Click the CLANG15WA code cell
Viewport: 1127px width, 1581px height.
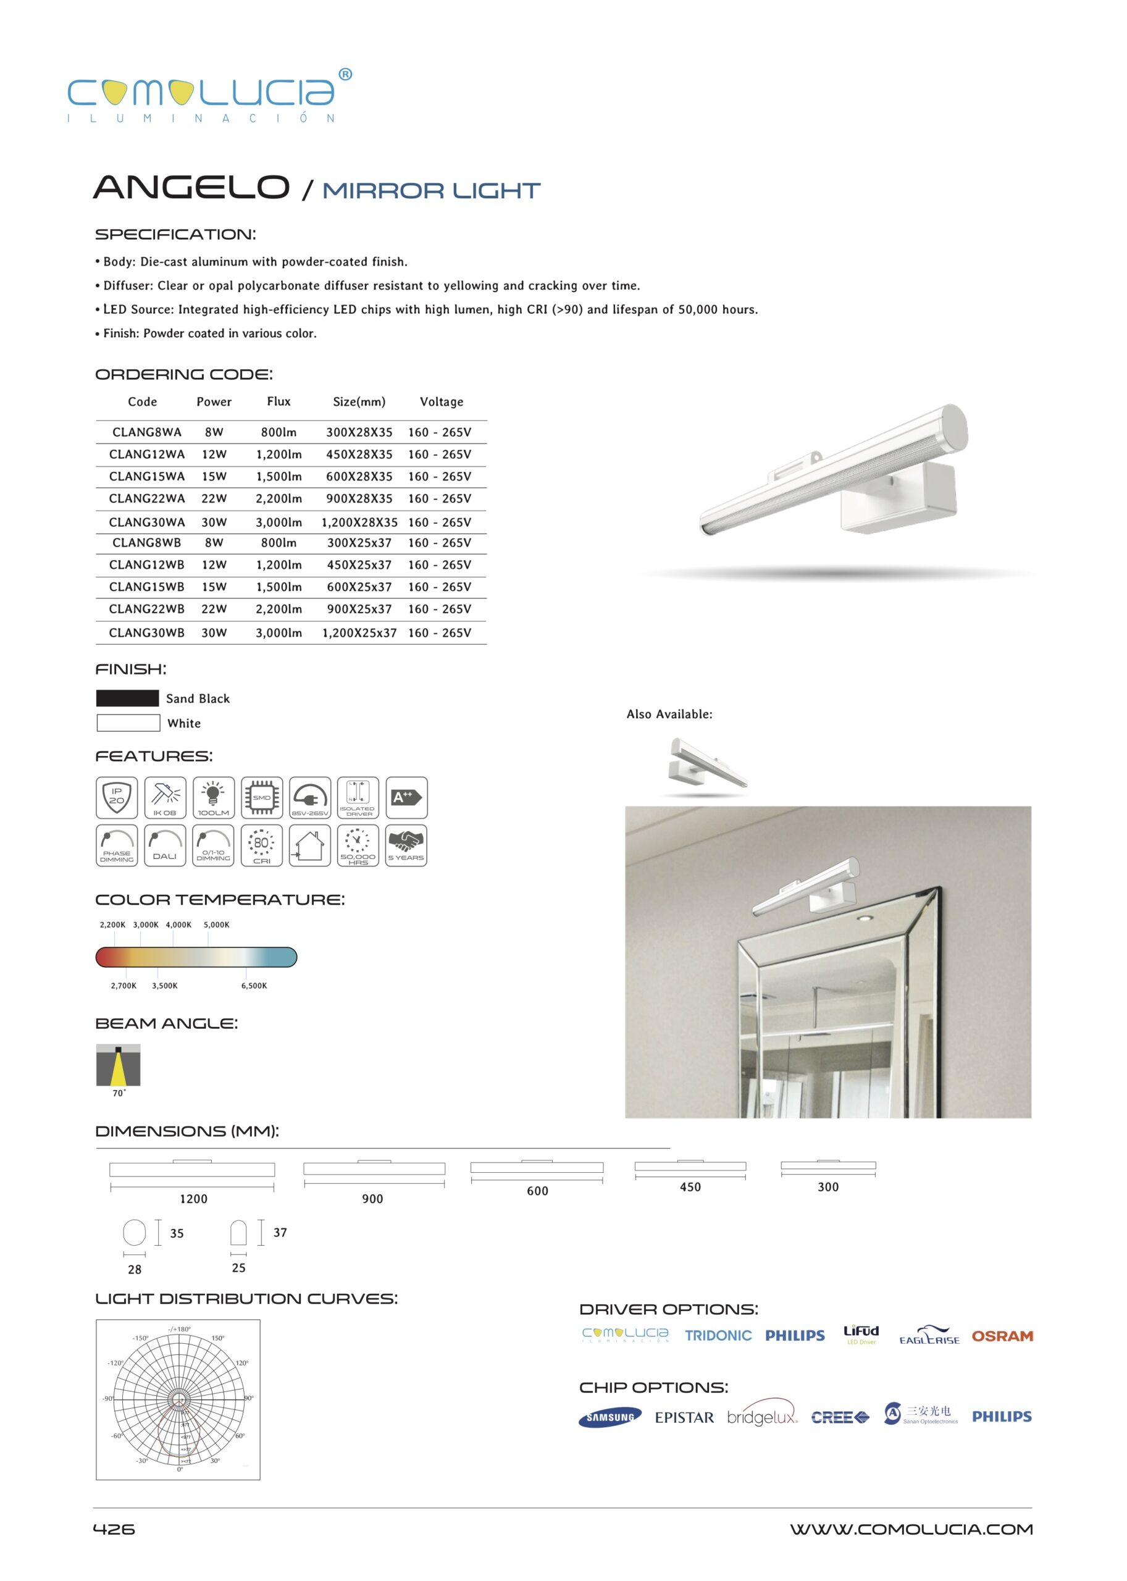click(146, 476)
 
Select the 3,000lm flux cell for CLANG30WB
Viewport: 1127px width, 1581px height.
click(279, 632)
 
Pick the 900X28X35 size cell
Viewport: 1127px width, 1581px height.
click(359, 498)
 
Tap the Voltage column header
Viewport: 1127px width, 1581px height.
click(442, 402)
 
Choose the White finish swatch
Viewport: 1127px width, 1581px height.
click(128, 723)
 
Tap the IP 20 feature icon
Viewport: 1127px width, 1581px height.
click(117, 797)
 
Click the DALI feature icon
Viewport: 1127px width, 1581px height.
click(164, 845)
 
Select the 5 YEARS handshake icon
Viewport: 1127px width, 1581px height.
click(406, 845)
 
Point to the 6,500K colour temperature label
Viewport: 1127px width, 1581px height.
click(254, 986)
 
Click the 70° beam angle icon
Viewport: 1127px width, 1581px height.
click(118, 1065)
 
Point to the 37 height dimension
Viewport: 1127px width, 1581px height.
click(280, 1233)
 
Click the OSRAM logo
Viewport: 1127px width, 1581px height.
click(1002, 1336)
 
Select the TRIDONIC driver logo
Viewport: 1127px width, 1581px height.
click(718, 1335)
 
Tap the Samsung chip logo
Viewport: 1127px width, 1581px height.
click(610, 1417)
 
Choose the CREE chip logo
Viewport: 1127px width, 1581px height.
click(840, 1417)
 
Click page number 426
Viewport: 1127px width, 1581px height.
click(114, 1529)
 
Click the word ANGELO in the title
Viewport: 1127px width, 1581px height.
click(191, 187)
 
